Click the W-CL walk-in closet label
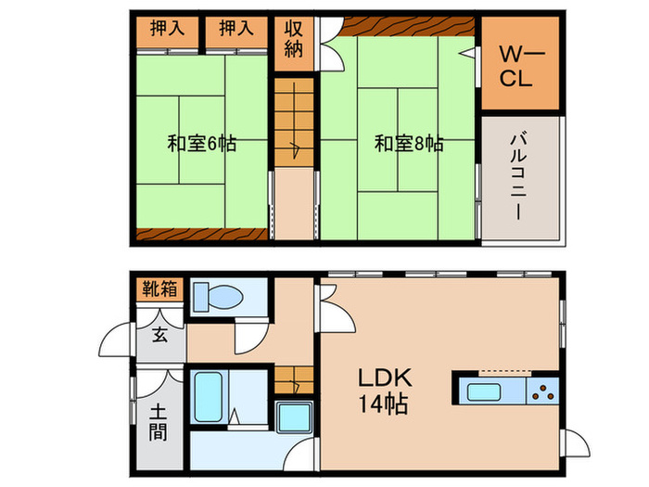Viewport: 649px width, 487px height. (515, 65)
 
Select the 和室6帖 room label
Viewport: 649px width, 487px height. (201, 144)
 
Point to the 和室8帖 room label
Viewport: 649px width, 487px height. (409, 144)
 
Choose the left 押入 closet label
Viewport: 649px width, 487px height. (168, 29)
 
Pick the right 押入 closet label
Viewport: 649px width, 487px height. (236, 29)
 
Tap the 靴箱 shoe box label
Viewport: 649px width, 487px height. (159, 288)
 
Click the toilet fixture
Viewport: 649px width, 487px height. (217, 298)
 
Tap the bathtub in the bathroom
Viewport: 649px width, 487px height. (207, 398)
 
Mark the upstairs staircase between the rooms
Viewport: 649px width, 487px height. (294, 121)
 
